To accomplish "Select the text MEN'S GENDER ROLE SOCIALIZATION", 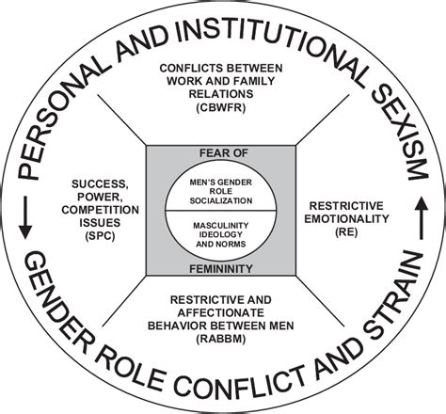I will coord(223,187).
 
